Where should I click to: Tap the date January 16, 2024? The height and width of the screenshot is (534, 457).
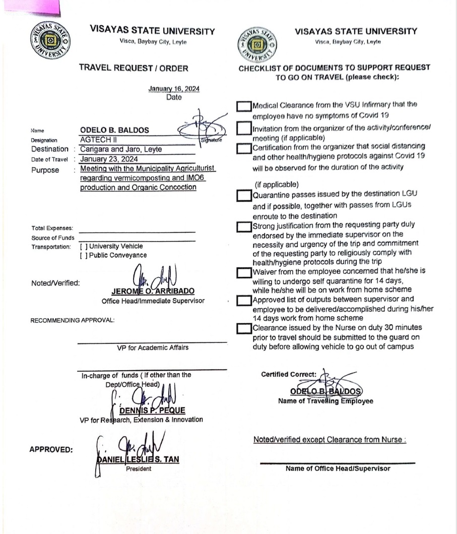tap(174, 89)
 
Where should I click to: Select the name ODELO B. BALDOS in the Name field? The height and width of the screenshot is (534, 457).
tap(115, 130)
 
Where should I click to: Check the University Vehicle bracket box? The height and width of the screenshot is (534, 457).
tap(84, 247)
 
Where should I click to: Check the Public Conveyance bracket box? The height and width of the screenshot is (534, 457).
tap(84, 255)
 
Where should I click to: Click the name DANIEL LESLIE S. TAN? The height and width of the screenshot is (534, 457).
tap(137, 459)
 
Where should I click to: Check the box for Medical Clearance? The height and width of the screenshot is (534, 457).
tap(244, 106)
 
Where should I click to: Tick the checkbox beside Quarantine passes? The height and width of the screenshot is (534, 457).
tap(244, 195)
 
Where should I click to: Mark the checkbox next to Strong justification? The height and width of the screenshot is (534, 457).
tap(244, 226)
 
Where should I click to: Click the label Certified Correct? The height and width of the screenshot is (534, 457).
tap(289, 374)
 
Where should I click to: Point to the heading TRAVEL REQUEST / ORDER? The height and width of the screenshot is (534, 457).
tap(134, 68)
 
